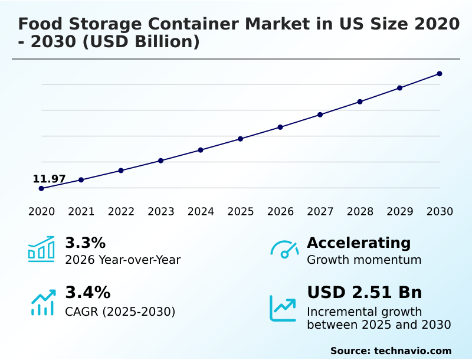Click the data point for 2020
(x=41, y=188)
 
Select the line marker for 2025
(x=241, y=139)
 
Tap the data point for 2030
(x=440, y=74)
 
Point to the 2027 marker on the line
(x=320, y=114)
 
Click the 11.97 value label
(x=49, y=179)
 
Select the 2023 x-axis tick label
(x=161, y=211)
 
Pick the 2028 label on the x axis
(x=360, y=211)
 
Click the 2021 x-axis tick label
(x=81, y=211)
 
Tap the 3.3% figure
(x=85, y=243)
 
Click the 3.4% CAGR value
(x=87, y=293)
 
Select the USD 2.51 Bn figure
(x=365, y=293)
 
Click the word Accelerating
(x=359, y=243)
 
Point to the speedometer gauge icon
(x=284, y=250)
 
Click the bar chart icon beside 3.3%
(x=41, y=249)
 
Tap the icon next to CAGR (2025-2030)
(x=42, y=302)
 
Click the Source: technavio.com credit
(x=391, y=351)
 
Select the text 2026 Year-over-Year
(x=123, y=260)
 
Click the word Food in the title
(x=41, y=24)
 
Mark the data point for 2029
(x=399, y=88)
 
